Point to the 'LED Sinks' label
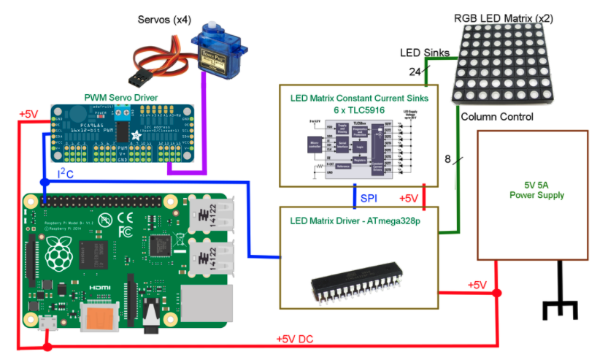pyautogui.click(x=424, y=53)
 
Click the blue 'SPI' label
pyautogui.click(x=371, y=199)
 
